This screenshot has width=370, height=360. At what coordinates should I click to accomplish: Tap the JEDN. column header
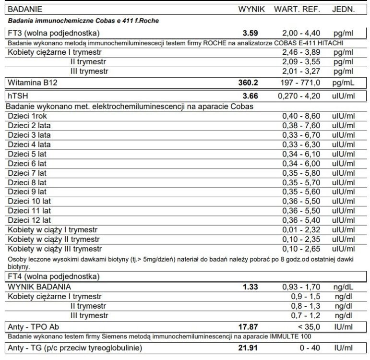(x=344, y=9)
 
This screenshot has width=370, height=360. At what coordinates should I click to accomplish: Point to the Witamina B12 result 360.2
(x=249, y=83)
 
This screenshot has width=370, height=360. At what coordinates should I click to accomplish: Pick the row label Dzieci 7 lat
(x=27, y=172)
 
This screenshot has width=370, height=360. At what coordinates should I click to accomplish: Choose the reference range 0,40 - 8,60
(x=300, y=116)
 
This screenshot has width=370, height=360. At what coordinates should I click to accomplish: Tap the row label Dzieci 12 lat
(x=29, y=220)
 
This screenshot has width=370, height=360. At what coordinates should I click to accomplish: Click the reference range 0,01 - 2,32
(x=300, y=229)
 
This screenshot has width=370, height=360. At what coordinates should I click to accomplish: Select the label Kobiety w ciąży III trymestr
(x=55, y=249)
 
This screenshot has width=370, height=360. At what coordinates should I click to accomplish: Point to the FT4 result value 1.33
(x=251, y=287)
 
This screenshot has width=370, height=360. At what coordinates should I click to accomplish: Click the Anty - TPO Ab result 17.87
(x=249, y=326)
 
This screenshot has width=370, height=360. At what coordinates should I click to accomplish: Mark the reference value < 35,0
(x=300, y=326)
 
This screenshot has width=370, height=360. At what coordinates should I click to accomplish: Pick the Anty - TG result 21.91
(x=249, y=348)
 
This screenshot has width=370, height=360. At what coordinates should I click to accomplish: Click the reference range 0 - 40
(x=300, y=348)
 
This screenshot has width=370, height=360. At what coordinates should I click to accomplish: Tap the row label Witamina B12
(x=33, y=83)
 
